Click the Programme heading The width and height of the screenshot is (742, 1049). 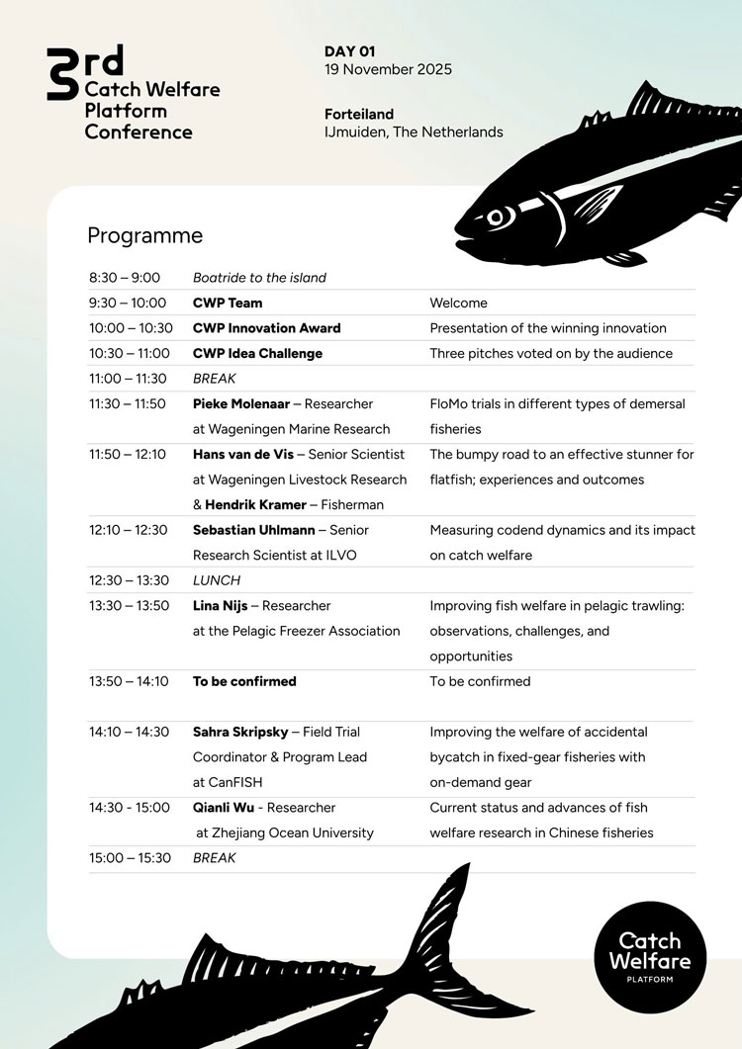click(144, 235)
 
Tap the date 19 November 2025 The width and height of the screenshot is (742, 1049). click(388, 69)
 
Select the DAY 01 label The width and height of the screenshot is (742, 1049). click(350, 50)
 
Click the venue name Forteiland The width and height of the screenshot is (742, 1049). click(359, 115)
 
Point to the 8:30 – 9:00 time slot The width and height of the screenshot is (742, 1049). click(125, 278)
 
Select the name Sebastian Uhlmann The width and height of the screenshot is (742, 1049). click(254, 530)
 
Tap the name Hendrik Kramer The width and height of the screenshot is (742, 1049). click(255, 504)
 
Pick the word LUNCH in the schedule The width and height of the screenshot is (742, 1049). click(217, 580)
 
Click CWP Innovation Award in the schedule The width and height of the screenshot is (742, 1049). click(266, 328)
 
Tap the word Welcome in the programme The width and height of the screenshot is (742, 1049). click(458, 303)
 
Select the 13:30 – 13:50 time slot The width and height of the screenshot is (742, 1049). click(129, 605)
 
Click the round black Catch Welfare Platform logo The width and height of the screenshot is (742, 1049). click(650, 955)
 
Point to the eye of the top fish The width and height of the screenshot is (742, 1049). click(496, 215)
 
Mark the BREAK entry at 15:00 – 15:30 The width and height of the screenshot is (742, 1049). click(215, 858)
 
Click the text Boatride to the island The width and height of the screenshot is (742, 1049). click(259, 278)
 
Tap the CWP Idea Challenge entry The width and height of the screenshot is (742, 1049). click(257, 353)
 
